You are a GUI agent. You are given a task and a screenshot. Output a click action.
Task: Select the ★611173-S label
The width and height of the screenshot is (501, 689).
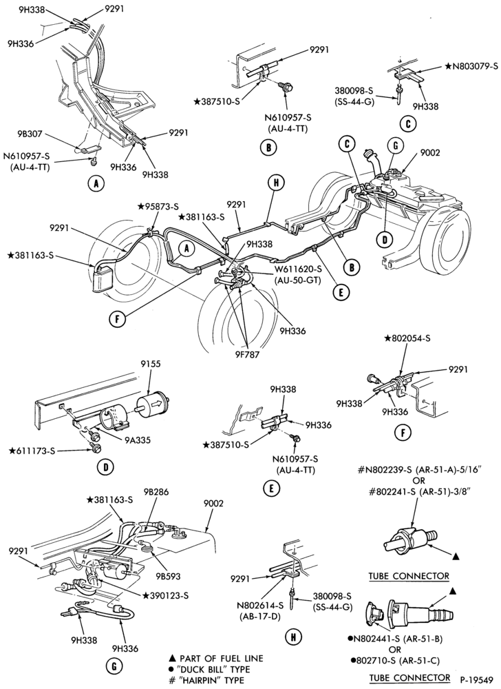coord(33,451)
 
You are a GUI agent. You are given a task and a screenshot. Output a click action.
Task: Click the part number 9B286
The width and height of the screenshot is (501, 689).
coord(156,492)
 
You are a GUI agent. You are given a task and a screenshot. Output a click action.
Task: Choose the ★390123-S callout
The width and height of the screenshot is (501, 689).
coord(165,595)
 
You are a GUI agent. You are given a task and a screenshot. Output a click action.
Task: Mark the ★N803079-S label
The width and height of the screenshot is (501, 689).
coord(471,67)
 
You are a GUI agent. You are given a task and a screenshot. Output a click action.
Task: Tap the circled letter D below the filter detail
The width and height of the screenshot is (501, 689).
coord(106,467)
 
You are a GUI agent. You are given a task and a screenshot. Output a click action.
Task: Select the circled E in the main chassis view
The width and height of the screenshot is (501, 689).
coord(341,291)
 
